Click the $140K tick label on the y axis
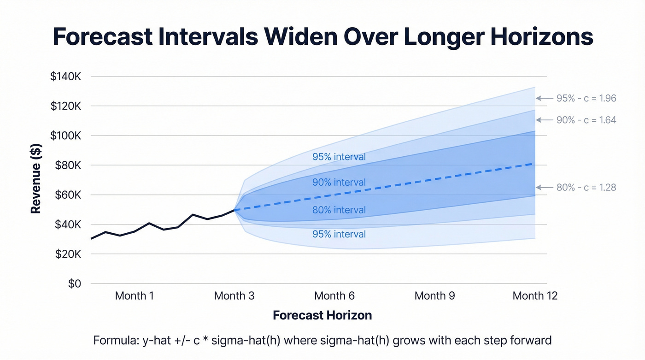point(65,77)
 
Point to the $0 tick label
point(74,283)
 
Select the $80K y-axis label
point(68,165)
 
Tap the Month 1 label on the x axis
point(134,296)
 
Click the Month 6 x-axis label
point(334,296)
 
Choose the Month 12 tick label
point(535,296)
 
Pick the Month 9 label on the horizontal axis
point(434,296)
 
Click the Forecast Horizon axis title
point(322,316)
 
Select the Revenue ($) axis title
point(36,179)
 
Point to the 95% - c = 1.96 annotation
point(586,98)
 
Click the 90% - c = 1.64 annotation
point(586,120)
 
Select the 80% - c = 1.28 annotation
point(586,188)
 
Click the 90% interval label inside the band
point(339,183)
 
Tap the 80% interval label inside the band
point(339,210)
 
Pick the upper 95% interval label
point(339,157)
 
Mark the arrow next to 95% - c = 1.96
point(544,98)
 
